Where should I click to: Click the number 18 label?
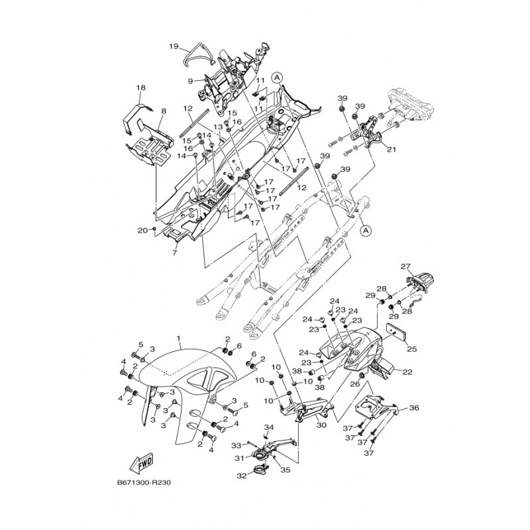140,87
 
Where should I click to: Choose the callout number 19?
174,46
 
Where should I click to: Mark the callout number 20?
142,230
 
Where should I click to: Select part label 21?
392,149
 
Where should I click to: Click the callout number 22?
407,372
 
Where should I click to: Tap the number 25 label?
411,348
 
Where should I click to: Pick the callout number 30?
323,426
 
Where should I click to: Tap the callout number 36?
414,409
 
